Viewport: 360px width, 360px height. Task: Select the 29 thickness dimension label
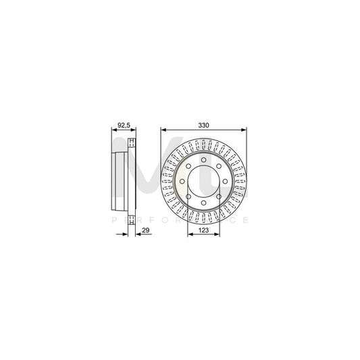[x=145, y=231]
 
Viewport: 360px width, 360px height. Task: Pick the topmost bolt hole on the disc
[x=203, y=160]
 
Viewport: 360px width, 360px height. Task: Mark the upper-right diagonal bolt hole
[x=219, y=166]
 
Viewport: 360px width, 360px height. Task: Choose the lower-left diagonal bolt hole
[x=188, y=197]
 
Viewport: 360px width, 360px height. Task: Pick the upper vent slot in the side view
[x=132, y=142]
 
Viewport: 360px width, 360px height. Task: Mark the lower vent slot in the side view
[x=132, y=220]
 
